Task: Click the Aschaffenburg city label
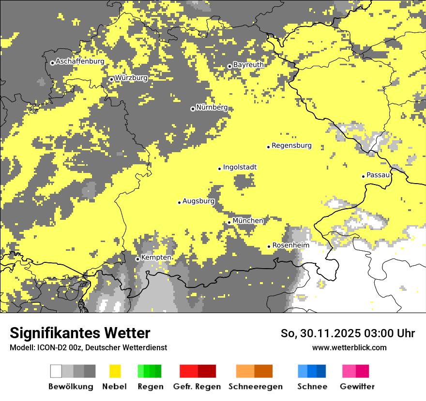[80, 62]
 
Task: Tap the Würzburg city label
[131, 78]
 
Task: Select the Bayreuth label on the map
[248, 65]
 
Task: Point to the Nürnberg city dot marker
[193, 109]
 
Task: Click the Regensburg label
[291, 145]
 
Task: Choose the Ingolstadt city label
[240, 167]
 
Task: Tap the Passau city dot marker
[363, 176]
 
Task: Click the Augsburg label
[198, 201]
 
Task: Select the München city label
[248, 221]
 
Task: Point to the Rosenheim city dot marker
[269, 246]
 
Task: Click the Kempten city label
[156, 258]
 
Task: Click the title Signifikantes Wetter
[80, 333]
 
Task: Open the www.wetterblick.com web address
[349, 347]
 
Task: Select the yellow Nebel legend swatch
[115, 371]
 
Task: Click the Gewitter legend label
[357, 387]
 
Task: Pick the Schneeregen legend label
[255, 387]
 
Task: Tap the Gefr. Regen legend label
[197, 387]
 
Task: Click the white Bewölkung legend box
[56, 371]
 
